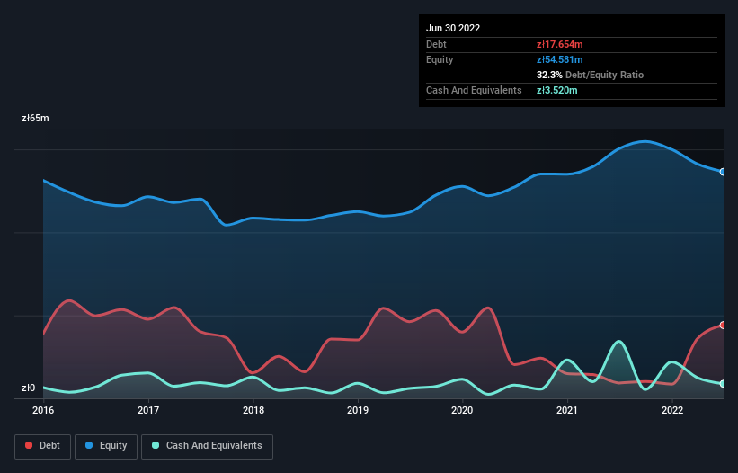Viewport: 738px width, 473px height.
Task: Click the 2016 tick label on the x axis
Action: pos(43,410)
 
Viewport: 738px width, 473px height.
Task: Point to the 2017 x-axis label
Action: pos(148,410)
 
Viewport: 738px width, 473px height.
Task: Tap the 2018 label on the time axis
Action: pos(253,410)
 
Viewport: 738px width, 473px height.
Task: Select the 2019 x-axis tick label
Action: pos(358,410)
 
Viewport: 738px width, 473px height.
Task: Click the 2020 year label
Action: pos(462,410)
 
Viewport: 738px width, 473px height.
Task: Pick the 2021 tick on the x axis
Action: pos(567,410)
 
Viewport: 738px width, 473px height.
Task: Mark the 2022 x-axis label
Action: pos(672,410)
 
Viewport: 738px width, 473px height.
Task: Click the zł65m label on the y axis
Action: pos(36,119)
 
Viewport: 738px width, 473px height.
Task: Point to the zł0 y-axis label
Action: pos(30,388)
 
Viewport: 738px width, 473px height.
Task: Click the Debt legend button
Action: pos(42,446)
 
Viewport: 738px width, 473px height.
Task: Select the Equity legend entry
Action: pos(106,446)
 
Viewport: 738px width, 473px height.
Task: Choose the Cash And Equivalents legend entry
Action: pos(207,446)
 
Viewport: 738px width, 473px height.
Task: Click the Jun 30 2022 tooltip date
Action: pos(453,28)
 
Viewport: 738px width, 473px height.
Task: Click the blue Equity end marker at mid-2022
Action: pos(723,172)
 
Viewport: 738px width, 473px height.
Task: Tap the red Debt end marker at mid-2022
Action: pos(723,325)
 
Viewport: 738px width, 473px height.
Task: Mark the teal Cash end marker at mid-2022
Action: pos(723,384)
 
